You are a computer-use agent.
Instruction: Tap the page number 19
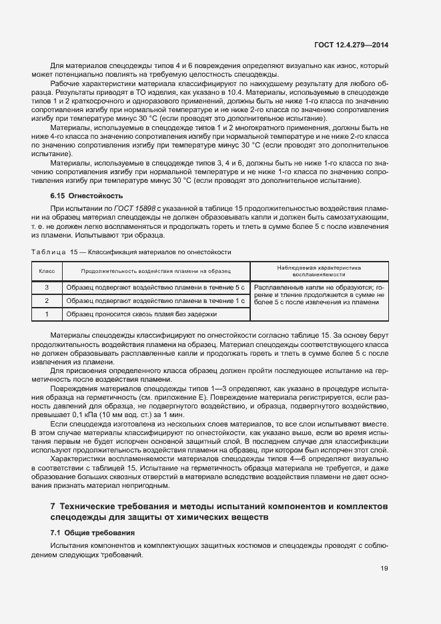click(x=385, y=569)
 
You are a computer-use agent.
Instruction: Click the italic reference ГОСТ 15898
click(x=137, y=210)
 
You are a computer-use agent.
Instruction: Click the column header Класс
click(x=47, y=271)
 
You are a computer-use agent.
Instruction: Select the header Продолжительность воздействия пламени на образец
click(x=155, y=271)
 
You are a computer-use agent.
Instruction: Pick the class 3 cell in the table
click(x=47, y=288)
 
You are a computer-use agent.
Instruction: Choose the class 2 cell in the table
click(x=47, y=301)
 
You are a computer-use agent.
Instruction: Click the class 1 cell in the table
click(x=47, y=314)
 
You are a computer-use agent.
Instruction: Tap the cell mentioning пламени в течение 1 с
click(x=155, y=301)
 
